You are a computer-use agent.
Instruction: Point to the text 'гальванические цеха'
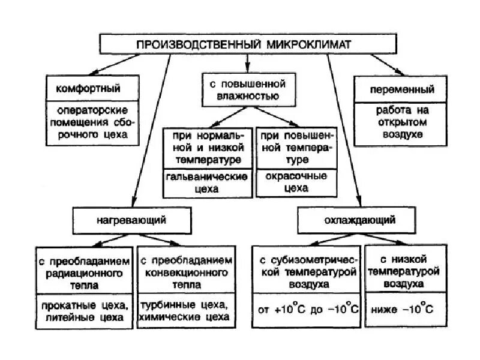[207, 183]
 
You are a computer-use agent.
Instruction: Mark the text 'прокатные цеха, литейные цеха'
[85, 311]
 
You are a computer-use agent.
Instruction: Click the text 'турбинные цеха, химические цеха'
[184, 311]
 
